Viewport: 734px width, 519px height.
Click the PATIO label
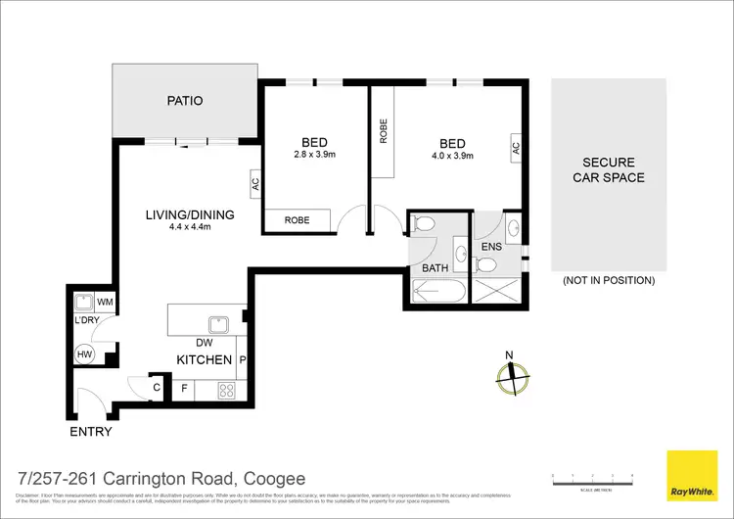(x=184, y=100)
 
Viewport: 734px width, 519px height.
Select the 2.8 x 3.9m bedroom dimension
(x=314, y=154)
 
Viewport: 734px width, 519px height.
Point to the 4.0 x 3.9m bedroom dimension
(x=452, y=154)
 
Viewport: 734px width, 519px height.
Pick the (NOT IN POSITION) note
(x=608, y=280)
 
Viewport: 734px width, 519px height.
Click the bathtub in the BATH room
(x=438, y=291)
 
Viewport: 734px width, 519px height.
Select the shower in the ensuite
(x=497, y=290)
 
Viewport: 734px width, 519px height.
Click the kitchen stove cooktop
(x=224, y=390)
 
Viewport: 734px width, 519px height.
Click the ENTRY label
(x=90, y=431)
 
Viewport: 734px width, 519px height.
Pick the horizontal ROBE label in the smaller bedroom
(x=297, y=220)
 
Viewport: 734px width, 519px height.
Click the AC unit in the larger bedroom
(x=515, y=147)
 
